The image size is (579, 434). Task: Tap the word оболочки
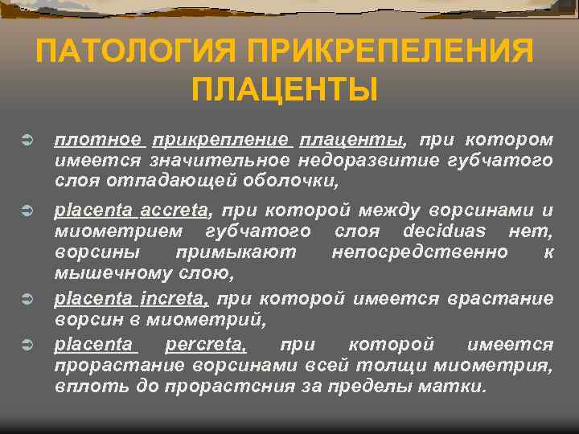pyautogui.click(x=287, y=181)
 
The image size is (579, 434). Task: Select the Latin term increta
pyautogui.click(x=175, y=299)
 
